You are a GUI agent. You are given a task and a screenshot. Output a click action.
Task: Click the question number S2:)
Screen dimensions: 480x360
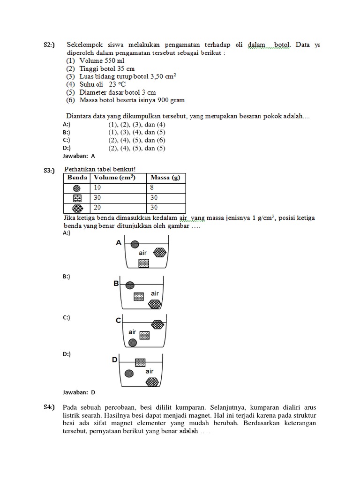click(49, 45)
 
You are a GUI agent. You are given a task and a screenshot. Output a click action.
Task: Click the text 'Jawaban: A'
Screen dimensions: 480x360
click(79, 156)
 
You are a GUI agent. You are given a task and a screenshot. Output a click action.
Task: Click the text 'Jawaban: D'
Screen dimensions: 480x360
click(79, 392)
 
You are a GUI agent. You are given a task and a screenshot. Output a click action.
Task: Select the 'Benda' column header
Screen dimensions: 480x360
click(77, 178)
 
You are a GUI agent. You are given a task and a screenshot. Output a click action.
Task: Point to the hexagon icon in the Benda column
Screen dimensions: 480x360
click(77, 208)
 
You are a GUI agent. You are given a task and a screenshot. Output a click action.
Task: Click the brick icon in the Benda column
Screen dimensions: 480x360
click(77, 198)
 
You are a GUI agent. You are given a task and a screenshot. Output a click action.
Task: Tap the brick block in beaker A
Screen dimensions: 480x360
click(144, 263)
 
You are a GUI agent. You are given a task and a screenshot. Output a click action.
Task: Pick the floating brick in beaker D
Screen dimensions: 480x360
click(140, 362)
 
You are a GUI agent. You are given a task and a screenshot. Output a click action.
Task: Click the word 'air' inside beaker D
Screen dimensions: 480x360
click(150, 372)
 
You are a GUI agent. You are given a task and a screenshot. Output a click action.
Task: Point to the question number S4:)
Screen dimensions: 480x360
click(50, 406)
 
